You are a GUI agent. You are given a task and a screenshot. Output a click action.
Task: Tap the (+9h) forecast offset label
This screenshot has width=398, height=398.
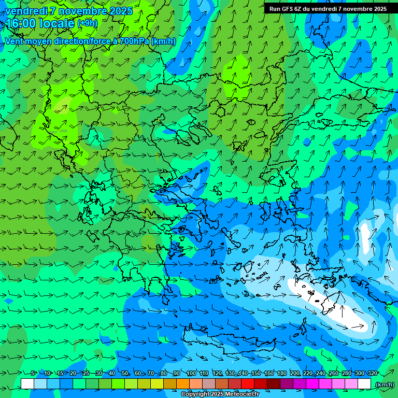pyautogui.click(x=87, y=23)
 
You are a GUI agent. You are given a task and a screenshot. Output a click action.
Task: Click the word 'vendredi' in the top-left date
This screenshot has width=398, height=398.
pyautogui.click(x=26, y=10)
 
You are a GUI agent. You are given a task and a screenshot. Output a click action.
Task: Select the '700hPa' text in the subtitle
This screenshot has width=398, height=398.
pyautogui.click(x=134, y=41)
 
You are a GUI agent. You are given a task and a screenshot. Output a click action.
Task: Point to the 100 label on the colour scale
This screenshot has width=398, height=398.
pyautogui.click(x=191, y=373)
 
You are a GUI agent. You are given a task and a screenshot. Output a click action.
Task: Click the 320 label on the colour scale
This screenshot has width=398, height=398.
pyautogui.click(x=372, y=373)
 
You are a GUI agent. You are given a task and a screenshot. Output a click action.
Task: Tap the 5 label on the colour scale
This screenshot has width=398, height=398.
pyautogui.click(x=34, y=373)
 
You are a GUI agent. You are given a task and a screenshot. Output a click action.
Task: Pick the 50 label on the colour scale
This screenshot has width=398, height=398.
pyautogui.click(x=125, y=373)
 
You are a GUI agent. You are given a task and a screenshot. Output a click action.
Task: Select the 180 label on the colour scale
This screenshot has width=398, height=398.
pyautogui.click(x=281, y=373)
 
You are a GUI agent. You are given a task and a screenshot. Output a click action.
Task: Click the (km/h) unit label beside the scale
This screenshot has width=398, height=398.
pyautogui.click(x=385, y=384)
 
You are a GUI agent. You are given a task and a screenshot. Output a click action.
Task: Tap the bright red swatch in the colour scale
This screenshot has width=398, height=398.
pyautogui.click(x=248, y=383)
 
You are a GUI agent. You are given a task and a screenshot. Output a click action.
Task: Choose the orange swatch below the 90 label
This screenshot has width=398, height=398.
pyautogui.click(x=183, y=383)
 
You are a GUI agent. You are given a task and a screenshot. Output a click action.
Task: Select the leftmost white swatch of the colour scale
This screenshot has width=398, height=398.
pyautogui.click(x=27, y=383)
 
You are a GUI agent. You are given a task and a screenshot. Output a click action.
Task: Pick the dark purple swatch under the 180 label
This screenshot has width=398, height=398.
pyautogui.click(x=287, y=383)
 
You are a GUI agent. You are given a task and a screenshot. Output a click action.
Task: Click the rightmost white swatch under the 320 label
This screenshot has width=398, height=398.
pyautogui.click(x=364, y=383)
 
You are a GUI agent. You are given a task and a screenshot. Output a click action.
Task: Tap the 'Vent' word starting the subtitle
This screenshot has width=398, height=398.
pyautogui.click(x=15, y=41)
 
